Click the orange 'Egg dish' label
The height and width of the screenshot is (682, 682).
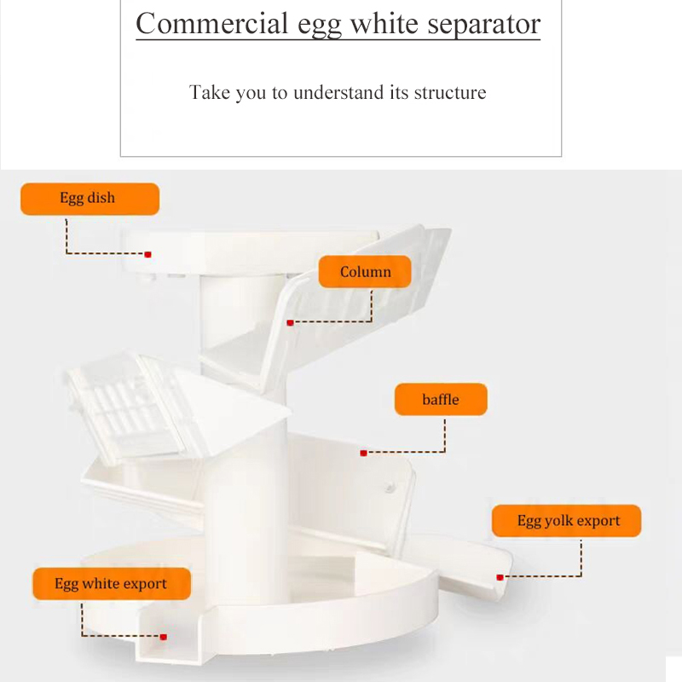click(x=90, y=199)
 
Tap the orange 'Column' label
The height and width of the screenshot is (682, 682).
click(x=365, y=272)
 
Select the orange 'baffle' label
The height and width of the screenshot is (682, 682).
click(x=440, y=399)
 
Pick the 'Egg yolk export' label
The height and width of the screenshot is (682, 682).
click(x=567, y=521)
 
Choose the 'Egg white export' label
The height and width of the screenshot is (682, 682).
click(x=111, y=584)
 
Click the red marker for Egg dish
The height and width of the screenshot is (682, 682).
click(x=148, y=254)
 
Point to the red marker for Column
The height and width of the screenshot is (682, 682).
click(x=291, y=322)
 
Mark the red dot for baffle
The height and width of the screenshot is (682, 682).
click(x=364, y=453)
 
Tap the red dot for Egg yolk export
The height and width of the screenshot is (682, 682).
click(x=500, y=577)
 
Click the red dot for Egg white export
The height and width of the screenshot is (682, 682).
click(x=163, y=636)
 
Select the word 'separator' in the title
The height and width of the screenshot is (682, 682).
click(x=476, y=24)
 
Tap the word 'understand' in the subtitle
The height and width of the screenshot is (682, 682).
click(x=338, y=92)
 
